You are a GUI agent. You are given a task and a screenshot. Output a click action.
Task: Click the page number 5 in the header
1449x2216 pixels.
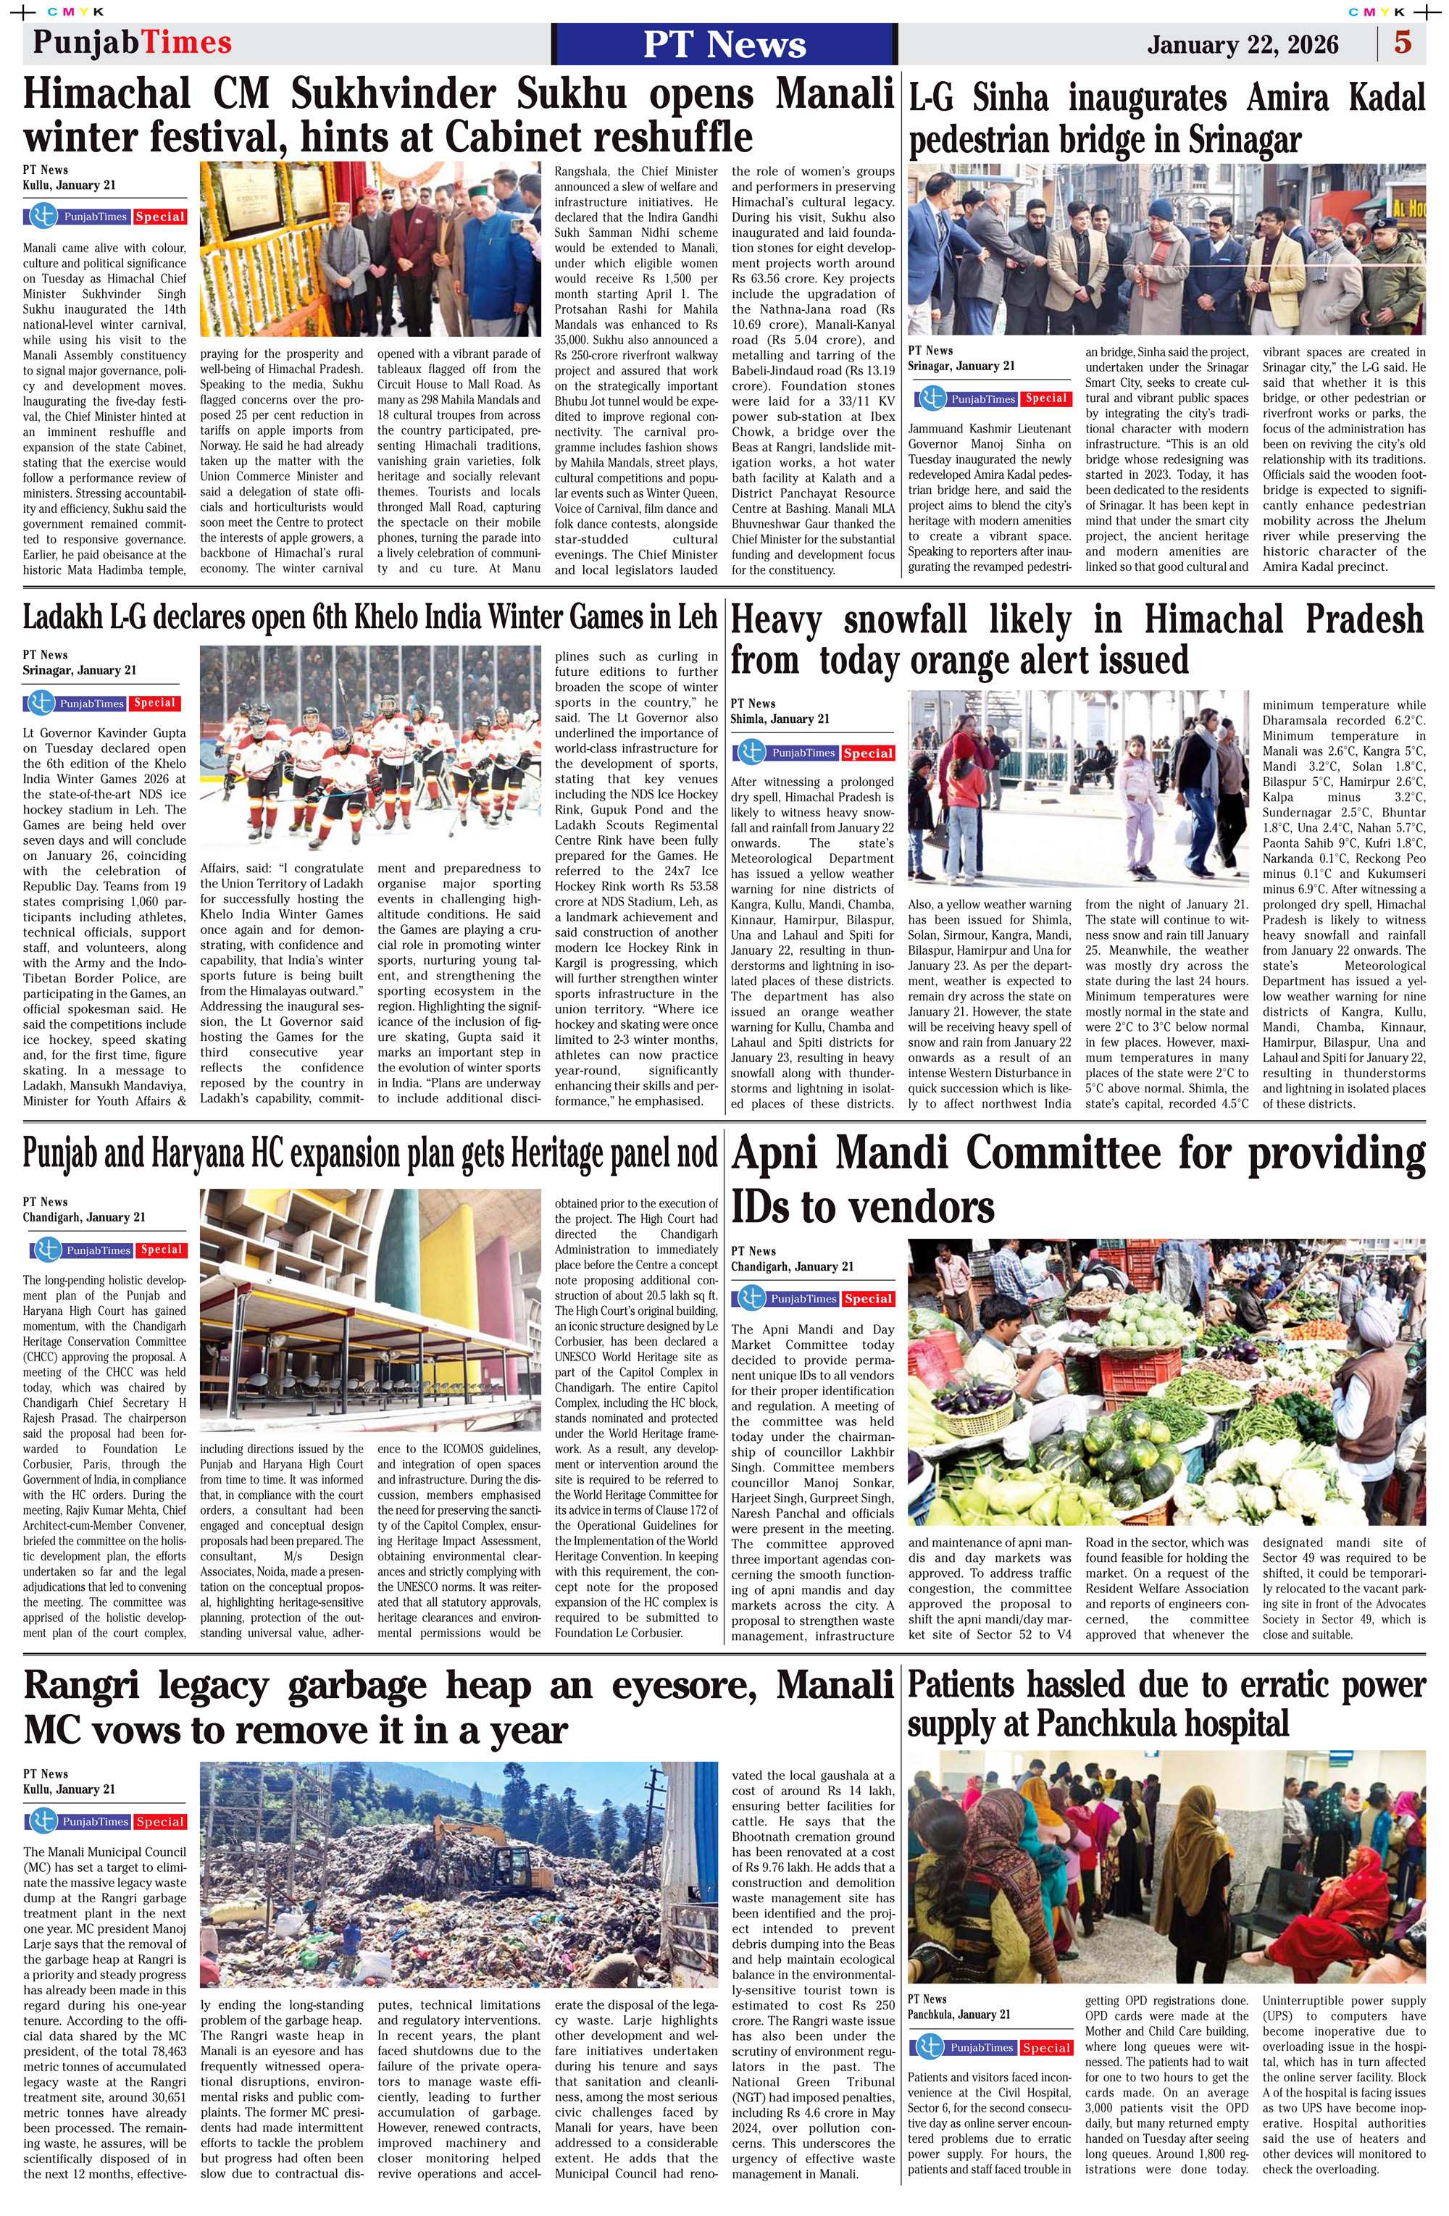point(1403,43)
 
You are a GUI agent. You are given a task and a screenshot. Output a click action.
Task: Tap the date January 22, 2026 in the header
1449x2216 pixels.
point(1243,45)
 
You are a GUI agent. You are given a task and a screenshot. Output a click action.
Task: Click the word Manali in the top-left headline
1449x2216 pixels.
point(835,94)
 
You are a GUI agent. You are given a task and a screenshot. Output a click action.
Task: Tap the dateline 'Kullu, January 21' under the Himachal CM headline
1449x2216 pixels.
point(69,185)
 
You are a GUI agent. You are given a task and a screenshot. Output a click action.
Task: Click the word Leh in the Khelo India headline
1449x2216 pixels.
point(698,616)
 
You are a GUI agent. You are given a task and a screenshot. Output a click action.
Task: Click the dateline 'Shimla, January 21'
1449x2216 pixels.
point(780,719)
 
